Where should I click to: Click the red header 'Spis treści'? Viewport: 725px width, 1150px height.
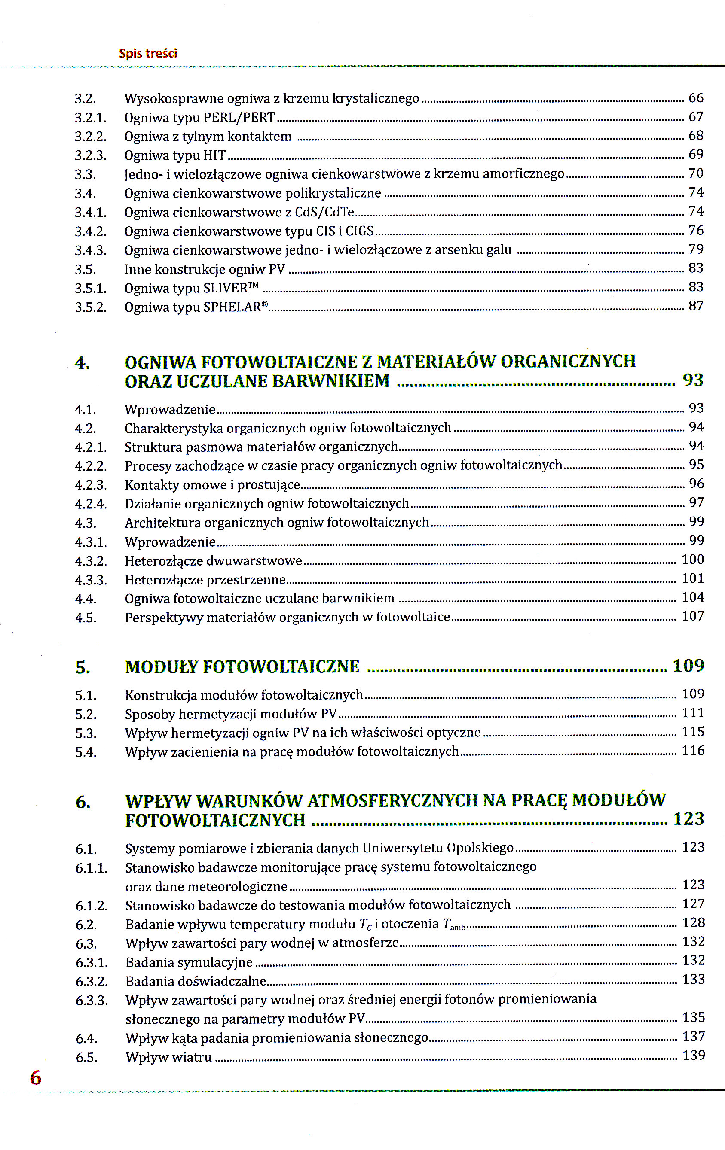tap(148, 53)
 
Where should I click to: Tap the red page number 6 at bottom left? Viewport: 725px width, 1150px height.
tap(36, 1077)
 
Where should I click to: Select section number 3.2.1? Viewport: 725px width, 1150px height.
tap(90, 118)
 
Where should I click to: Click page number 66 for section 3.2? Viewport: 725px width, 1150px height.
tap(695, 98)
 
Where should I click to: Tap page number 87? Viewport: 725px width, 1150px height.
tap(695, 306)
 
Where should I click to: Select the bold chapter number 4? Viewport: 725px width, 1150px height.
tap(82, 363)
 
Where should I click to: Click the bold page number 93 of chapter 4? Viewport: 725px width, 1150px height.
tap(692, 380)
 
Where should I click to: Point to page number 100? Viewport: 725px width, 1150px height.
tap(692, 559)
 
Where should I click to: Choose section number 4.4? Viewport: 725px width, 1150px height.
tap(86, 599)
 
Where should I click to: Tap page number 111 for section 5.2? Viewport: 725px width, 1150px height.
tap(692, 713)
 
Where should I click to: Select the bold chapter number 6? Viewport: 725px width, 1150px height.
tap(83, 802)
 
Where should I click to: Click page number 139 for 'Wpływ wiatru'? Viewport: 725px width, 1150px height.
tap(694, 1055)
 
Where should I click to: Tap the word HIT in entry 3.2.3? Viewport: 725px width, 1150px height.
tap(214, 156)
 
